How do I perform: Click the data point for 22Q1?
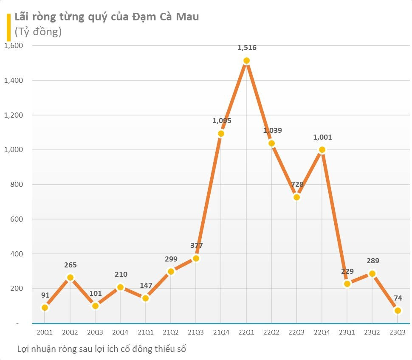pyautogui.click(x=246, y=61)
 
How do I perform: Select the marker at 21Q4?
pyautogui.click(x=221, y=134)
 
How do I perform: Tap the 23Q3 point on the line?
pyautogui.click(x=398, y=311)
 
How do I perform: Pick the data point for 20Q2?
pyautogui.click(x=70, y=278)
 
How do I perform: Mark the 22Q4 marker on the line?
pyautogui.click(x=322, y=149)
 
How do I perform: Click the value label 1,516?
pyautogui.click(x=247, y=48)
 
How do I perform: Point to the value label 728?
pyautogui.click(x=297, y=184)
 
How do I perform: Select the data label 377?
pyautogui.click(x=196, y=245)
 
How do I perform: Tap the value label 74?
pyautogui.click(x=398, y=298)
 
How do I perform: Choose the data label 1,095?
pyautogui.click(x=221, y=121)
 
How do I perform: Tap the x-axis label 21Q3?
pyautogui.click(x=196, y=332)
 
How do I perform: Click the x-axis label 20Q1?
pyautogui.click(x=45, y=332)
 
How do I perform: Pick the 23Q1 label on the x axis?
pyautogui.click(x=347, y=332)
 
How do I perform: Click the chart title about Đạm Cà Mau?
pyautogui.click(x=107, y=17)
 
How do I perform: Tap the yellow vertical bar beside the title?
pyautogui.click(x=8, y=26)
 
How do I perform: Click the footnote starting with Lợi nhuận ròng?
pyautogui.click(x=102, y=349)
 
